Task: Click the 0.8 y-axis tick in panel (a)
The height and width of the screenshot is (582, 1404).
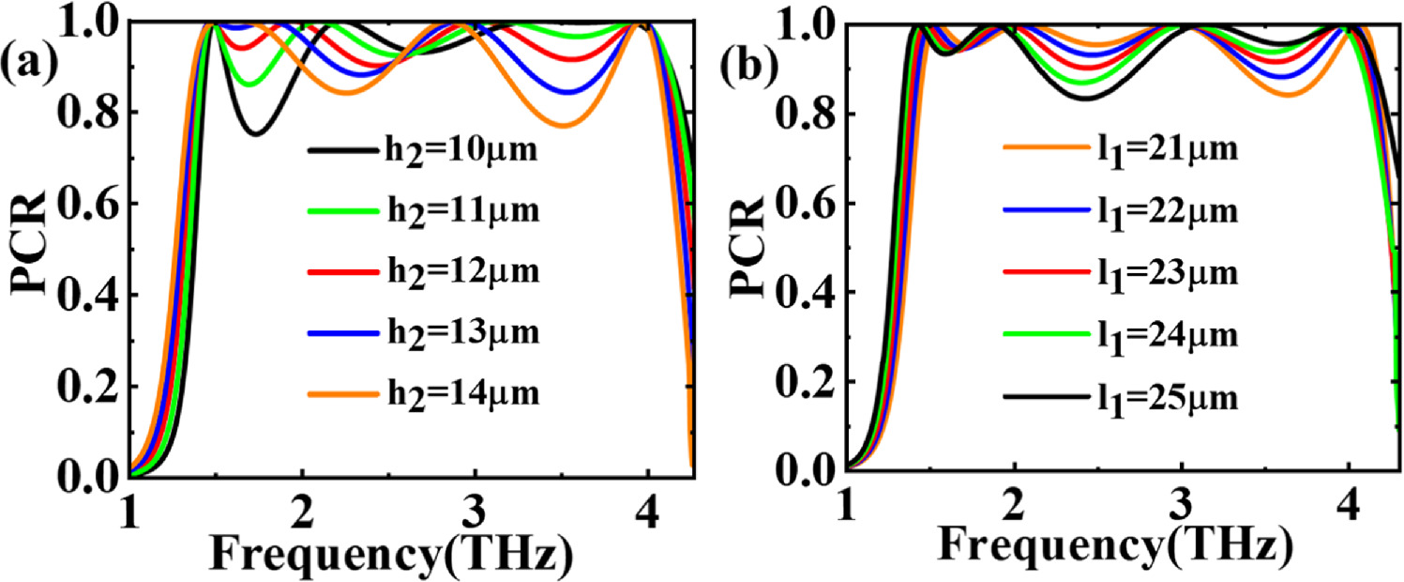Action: click(x=96, y=113)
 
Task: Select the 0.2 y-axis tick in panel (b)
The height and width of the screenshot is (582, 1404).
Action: click(x=808, y=383)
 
